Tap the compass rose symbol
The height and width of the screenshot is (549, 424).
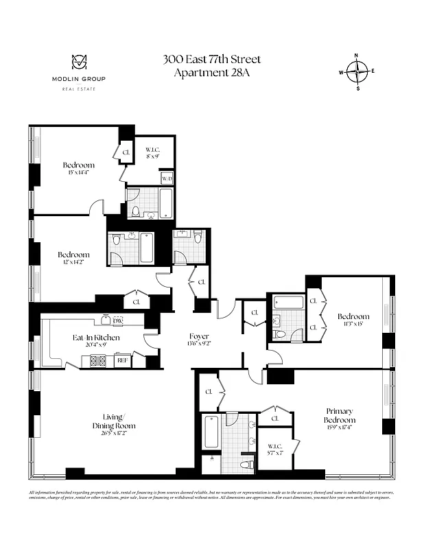pos(357,71)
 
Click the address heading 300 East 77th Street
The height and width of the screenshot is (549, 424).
pos(211,59)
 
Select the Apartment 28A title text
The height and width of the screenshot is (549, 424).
pos(211,73)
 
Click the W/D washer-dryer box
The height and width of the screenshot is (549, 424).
pos(167,178)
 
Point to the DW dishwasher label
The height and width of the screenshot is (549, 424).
pos(117,320)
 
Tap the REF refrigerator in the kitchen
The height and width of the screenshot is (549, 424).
pos(122,360)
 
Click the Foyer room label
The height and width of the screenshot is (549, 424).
pos(199,337)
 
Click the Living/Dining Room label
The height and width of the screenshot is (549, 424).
pos(114,421)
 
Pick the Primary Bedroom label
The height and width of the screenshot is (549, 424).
pos(340,415)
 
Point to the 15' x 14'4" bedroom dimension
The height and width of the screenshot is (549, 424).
pos(78,173)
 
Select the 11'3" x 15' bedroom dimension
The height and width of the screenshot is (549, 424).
pos(353,325)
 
